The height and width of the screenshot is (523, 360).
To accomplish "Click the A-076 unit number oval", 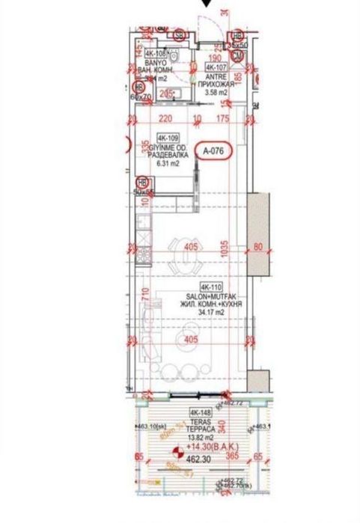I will (214, 150).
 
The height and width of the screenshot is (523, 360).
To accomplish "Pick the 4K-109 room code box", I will (168, 138).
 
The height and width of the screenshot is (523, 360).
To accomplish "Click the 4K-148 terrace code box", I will (199, 412).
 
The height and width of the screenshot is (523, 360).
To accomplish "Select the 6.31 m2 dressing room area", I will (165, 163).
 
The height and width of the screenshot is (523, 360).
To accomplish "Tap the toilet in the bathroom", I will (174, 55).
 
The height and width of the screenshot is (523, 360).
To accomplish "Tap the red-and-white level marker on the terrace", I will (177, 453).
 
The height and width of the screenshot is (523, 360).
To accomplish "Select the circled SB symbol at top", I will (179, 35).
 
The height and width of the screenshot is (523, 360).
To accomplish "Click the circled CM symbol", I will (237, 55).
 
